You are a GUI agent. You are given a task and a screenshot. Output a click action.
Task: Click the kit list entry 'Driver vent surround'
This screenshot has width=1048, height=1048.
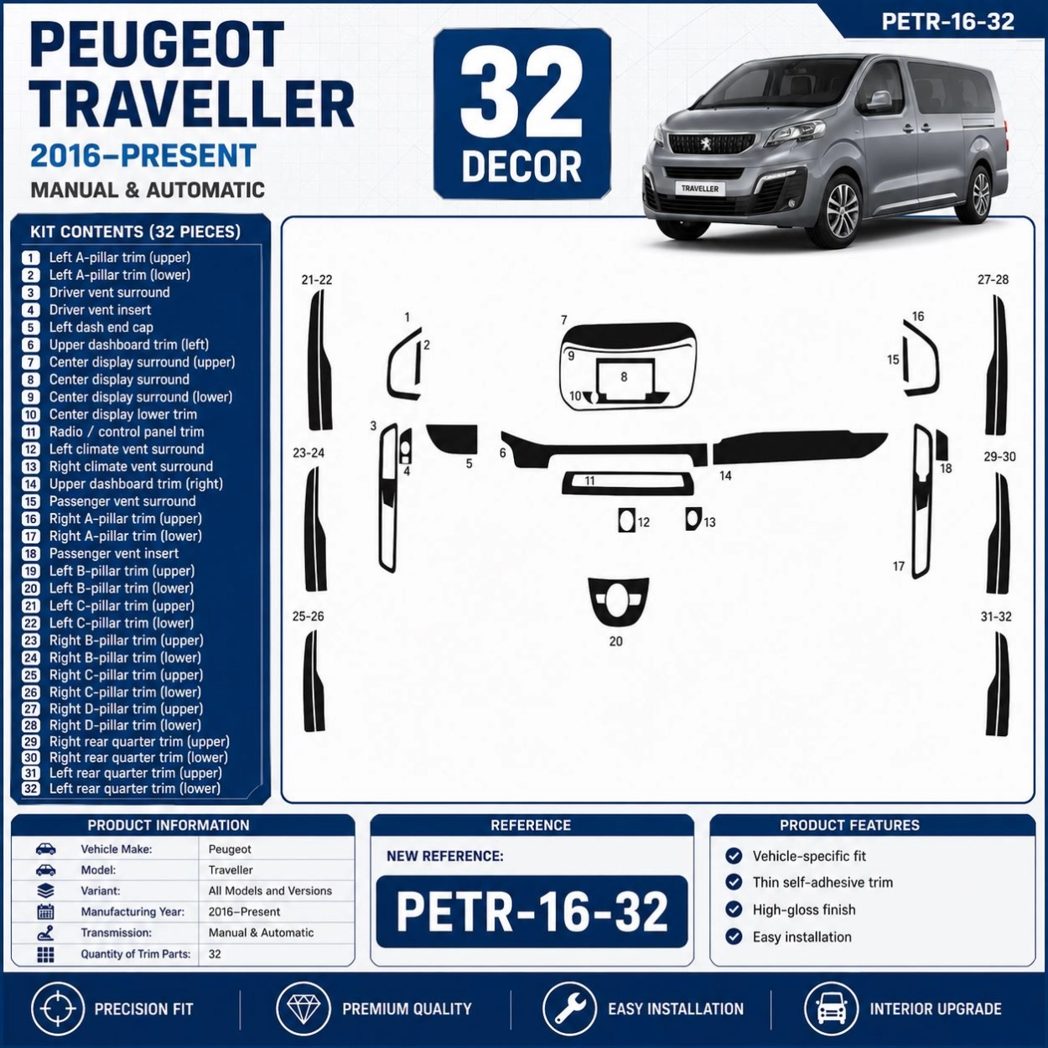109,293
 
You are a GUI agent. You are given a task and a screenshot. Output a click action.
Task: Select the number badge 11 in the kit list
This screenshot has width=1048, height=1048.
31,433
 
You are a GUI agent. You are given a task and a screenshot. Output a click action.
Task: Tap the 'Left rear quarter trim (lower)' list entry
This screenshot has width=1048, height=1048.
135,789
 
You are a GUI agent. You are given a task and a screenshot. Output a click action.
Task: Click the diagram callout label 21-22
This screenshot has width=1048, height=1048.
317,280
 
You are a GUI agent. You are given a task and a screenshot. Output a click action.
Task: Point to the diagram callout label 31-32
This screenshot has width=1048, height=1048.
996,617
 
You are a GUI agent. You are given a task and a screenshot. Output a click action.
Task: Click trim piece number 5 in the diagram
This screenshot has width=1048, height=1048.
453,438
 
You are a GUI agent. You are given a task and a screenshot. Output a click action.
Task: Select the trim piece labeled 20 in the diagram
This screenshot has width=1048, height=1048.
619,603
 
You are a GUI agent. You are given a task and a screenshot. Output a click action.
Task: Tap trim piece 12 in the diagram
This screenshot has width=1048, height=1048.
626,520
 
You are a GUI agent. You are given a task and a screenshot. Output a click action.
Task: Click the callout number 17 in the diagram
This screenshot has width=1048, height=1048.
899,566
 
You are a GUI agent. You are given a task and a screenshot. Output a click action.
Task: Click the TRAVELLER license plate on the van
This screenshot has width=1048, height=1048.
700,189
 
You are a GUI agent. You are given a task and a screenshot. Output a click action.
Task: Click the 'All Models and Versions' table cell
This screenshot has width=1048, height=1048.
270,891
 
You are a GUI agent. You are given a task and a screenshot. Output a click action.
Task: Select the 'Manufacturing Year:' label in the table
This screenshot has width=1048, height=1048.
132,912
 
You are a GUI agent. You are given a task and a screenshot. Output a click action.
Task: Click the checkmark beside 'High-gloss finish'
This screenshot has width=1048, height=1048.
734,910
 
